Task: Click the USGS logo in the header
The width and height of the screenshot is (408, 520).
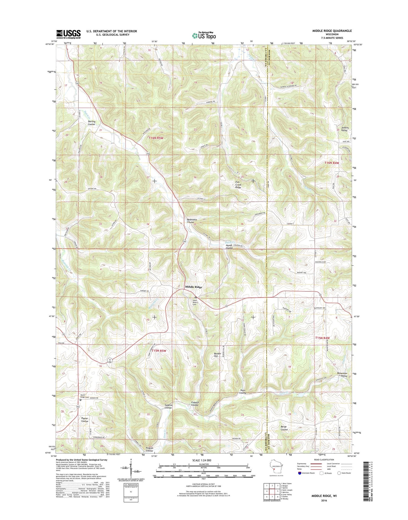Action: (x=68, y=34)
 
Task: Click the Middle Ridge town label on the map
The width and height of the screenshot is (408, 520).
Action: (x=193, y=287)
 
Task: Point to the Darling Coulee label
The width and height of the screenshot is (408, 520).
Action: (x=91, y=123)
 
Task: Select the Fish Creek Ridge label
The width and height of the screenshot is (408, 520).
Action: (x=238, y=185)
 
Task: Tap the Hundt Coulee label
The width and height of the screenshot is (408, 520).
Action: (x=229, y=246)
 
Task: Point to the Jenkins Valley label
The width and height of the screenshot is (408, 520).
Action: (x=344, y=129)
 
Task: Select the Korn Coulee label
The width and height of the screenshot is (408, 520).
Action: (x=243, y=392)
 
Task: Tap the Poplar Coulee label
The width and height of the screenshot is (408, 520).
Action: (x=85, y=420)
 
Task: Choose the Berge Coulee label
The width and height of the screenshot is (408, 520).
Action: (x=284, y=428)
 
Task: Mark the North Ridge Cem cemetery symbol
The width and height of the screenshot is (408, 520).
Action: (x=80, y=400)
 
